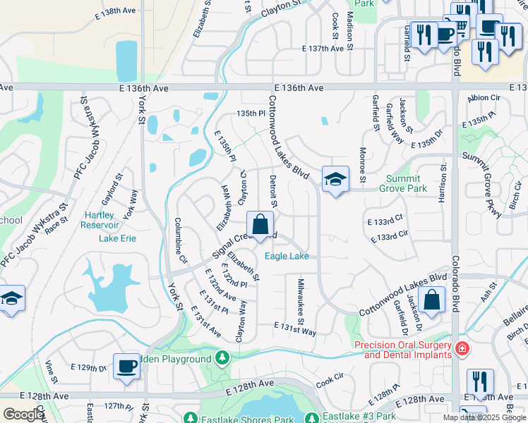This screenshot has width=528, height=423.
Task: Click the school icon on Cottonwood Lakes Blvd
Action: pyautogui.click(x=335, y=180)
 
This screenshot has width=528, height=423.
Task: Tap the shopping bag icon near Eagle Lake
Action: pyautogui.click(x=260, y=226)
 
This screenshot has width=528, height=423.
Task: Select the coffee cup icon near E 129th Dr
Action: pyautogui.click(x=127, y=367)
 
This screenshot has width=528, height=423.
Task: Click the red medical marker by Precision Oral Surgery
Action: pyautogui.click(x=462, y=348)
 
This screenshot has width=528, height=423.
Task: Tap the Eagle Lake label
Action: pyautogui.click(x=287, y=256)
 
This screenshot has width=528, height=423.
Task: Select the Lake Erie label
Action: pyautogui.click(x=117, y=238)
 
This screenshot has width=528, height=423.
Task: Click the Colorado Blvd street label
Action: pyautogui.click(x=455, y=282)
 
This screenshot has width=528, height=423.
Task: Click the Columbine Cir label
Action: pyautogui.click(x=183, y=240)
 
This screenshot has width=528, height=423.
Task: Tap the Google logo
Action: pyautogui.click(x=23, y=415)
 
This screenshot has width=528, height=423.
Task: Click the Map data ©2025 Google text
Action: pyautogui.click(x=484, y=417)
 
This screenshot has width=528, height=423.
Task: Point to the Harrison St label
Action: pyautogui.click(x=444, y=183)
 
